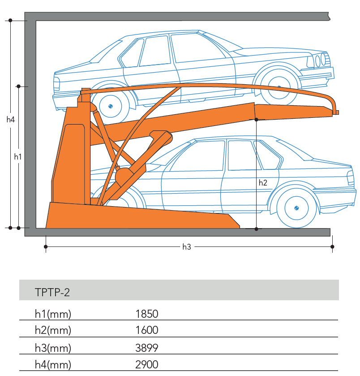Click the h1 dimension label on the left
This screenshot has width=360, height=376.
18,156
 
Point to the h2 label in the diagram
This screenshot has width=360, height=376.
263,182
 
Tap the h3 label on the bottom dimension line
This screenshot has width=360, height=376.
187,246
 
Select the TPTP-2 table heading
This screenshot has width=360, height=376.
52,293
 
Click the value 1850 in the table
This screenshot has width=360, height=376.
147,314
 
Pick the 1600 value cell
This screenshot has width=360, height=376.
147,330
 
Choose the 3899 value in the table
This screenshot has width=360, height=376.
147,347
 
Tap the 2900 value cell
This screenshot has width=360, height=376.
147,364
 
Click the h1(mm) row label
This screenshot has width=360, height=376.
53,314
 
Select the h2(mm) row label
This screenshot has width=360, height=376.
53,330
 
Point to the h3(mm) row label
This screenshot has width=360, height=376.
53,347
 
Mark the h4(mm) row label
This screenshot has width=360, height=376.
53,364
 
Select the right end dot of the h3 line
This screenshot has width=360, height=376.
332,246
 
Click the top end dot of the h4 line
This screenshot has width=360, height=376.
10,20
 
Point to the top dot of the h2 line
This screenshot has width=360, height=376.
256,119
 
